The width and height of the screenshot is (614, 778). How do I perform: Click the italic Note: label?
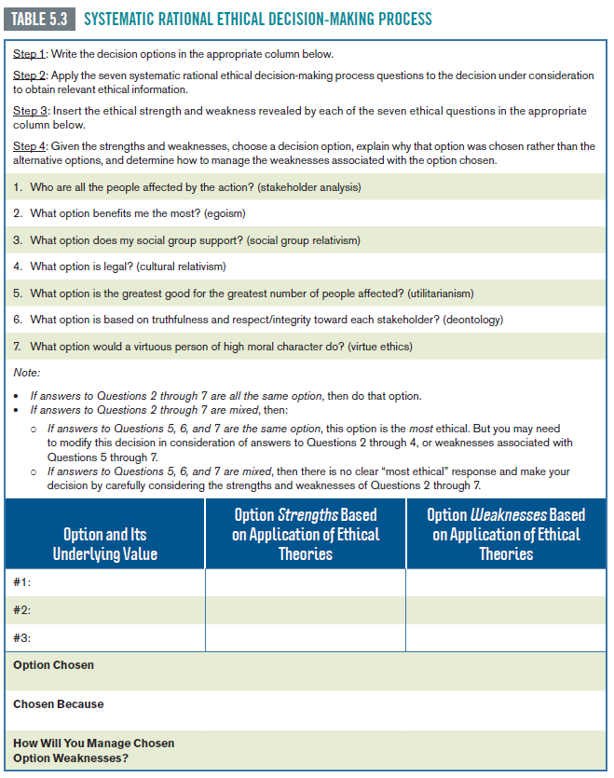coord(27,373)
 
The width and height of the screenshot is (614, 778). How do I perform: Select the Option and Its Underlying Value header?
coord(104,544)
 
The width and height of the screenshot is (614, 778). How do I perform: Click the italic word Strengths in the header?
coord(307,515)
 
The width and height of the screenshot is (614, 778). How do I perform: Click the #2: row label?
coord(23,609)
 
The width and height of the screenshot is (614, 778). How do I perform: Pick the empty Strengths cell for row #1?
coord(306,582)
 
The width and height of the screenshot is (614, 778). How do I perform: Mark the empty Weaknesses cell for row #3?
coord(506,637)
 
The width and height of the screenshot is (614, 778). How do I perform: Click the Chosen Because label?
coord(58,704)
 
